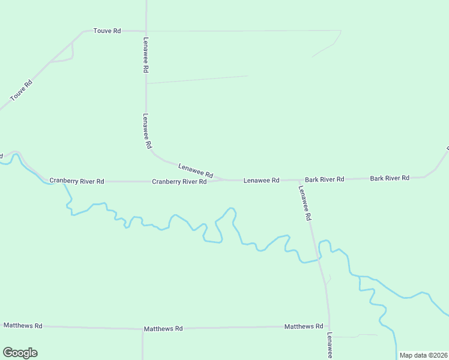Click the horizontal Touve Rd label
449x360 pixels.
pyautogui.click(x=107, y=30)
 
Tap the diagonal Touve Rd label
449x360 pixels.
pyautogui.click(x=21, y=90)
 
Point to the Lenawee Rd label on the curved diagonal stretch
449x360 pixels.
pyautogui.click(x=196, y=170)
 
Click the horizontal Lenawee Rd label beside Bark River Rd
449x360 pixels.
pyautogui.click(x=261, y=180)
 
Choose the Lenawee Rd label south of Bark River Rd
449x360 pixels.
pyautogui.click(x=306, y=202)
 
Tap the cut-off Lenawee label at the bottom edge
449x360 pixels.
pyautogui.click(x=330, y=346)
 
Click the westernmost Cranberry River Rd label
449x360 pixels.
pyautogui.click(x=77, y=181)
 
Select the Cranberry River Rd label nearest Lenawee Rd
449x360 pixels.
pyautogui.click(x=179, y=181)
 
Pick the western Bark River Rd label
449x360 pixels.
pyautogui.click(x=324, y=179)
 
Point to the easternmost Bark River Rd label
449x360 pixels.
pyautogui.click(x=390, y=178)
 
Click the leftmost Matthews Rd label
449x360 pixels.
pyautogui.click(x=23, y=325)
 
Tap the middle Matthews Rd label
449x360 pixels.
pyautogui.click(x=163, y=329)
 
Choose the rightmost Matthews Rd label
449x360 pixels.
pyautogui.click(x=304, y=326)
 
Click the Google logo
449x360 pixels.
pyautogui.click(x=20, y=353)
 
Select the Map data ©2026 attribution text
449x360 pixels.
pyautogui.click(x=423, y=355)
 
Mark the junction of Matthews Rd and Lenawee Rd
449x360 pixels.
pyautogui.click(x=329, y=327)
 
